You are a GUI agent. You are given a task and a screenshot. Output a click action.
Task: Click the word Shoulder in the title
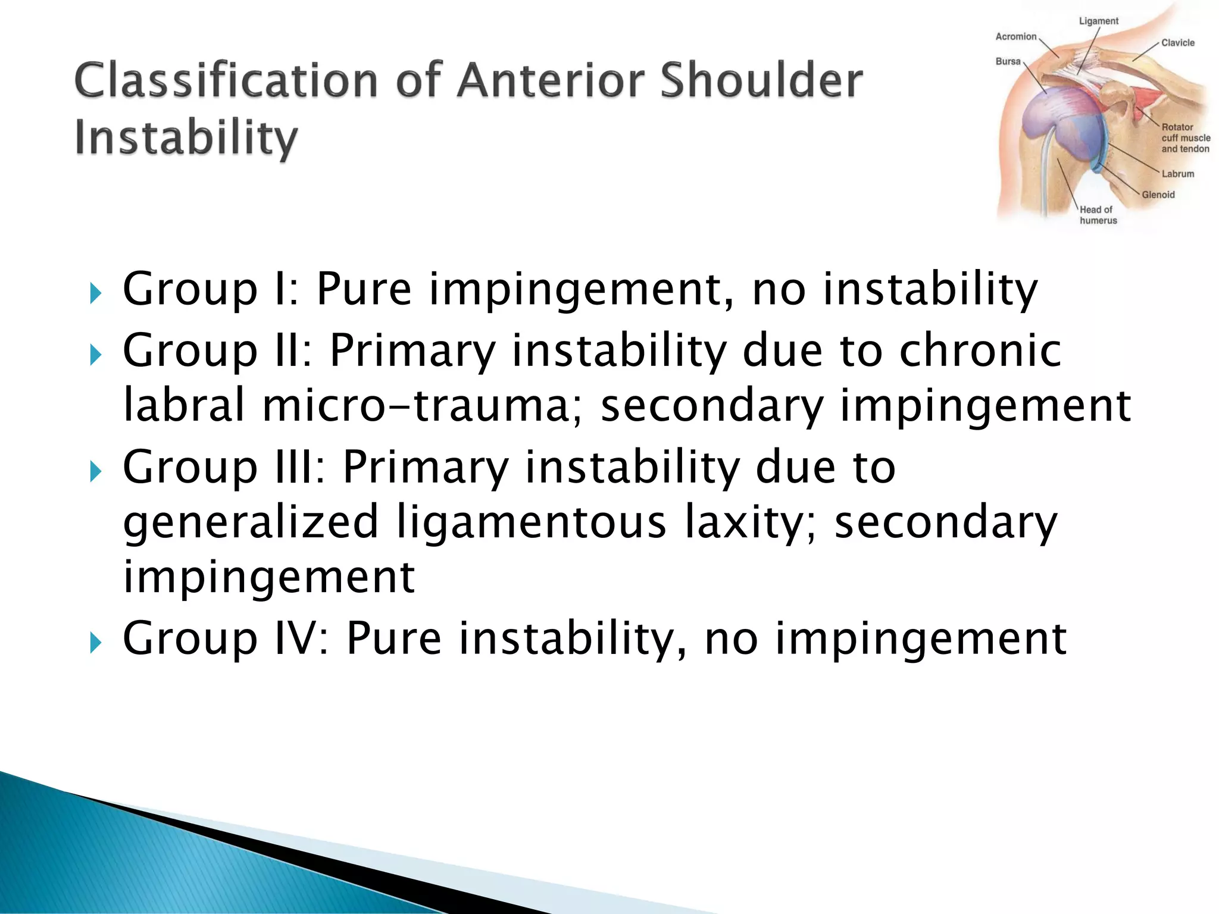[761, 81]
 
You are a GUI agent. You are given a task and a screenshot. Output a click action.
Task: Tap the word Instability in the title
[186, 138]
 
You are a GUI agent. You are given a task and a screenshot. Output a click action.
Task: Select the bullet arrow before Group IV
[95, 643]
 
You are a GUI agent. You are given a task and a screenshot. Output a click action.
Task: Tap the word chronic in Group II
[980, 350]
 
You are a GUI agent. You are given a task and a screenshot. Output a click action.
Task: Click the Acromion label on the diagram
[1015, 37]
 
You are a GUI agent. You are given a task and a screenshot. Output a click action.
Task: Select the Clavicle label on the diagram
[1177, 43]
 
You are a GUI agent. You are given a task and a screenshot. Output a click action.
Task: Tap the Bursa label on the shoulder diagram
[1008, 61]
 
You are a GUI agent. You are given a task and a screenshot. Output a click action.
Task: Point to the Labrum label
[1177, 174]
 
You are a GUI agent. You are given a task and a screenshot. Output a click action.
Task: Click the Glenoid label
[1158, 195]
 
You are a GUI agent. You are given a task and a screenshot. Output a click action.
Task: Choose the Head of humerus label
[1098, 215]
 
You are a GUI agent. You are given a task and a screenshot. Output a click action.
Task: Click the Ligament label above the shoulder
[1098, 21]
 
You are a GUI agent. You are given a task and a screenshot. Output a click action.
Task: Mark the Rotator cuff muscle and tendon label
[1184, 138]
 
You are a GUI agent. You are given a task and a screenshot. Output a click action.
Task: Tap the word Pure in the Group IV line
[393, 638]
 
